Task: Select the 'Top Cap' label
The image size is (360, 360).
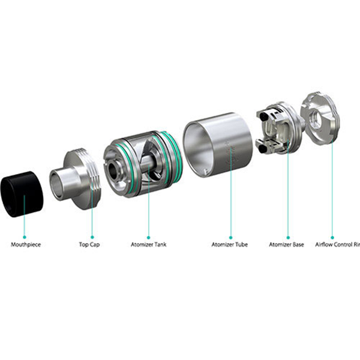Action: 89,244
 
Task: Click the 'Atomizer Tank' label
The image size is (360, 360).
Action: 149,244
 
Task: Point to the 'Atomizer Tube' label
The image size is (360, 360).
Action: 229,244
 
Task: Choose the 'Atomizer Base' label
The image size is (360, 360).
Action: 287,244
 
